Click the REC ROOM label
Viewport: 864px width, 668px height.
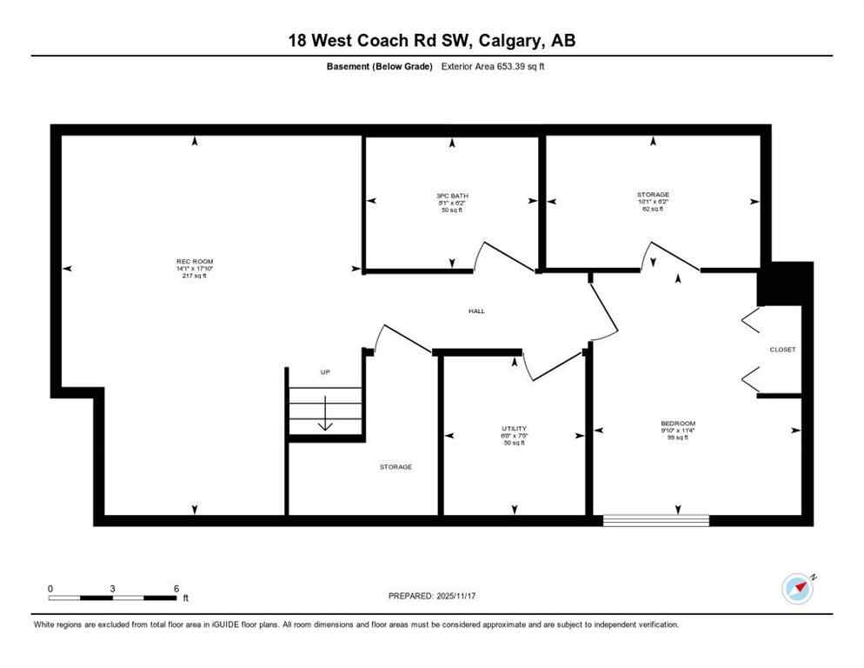pyautogui.click(x=195, y=261)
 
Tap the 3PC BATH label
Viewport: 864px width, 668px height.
pyautogui.click(x=452, y=196)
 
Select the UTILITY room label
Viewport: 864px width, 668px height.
pyautogui.click(x=514, y=429)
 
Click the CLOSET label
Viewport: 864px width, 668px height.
pyautogui.click(x=782, y=350)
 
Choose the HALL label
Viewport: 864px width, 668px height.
pyautogui.click(x=476, y=311)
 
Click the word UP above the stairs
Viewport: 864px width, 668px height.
pyautogui.click(x=325, y=372)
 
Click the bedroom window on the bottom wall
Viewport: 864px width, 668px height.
pyautogui.click(x=656, y=520)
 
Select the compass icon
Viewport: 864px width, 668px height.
pyautogui.click(x=797, y=588)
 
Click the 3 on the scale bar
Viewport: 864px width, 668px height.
pyautogui.click(x=113, y=588)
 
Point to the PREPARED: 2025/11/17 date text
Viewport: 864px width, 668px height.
pyautogui.click(x=432, y=596)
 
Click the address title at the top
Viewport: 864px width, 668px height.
pyautogui.click(x=432, y=40)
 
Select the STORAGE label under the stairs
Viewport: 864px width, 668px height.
pyautogui.click(x=395, y=467)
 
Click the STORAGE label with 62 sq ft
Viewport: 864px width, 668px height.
pyautogui.click(x=652, y=195)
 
